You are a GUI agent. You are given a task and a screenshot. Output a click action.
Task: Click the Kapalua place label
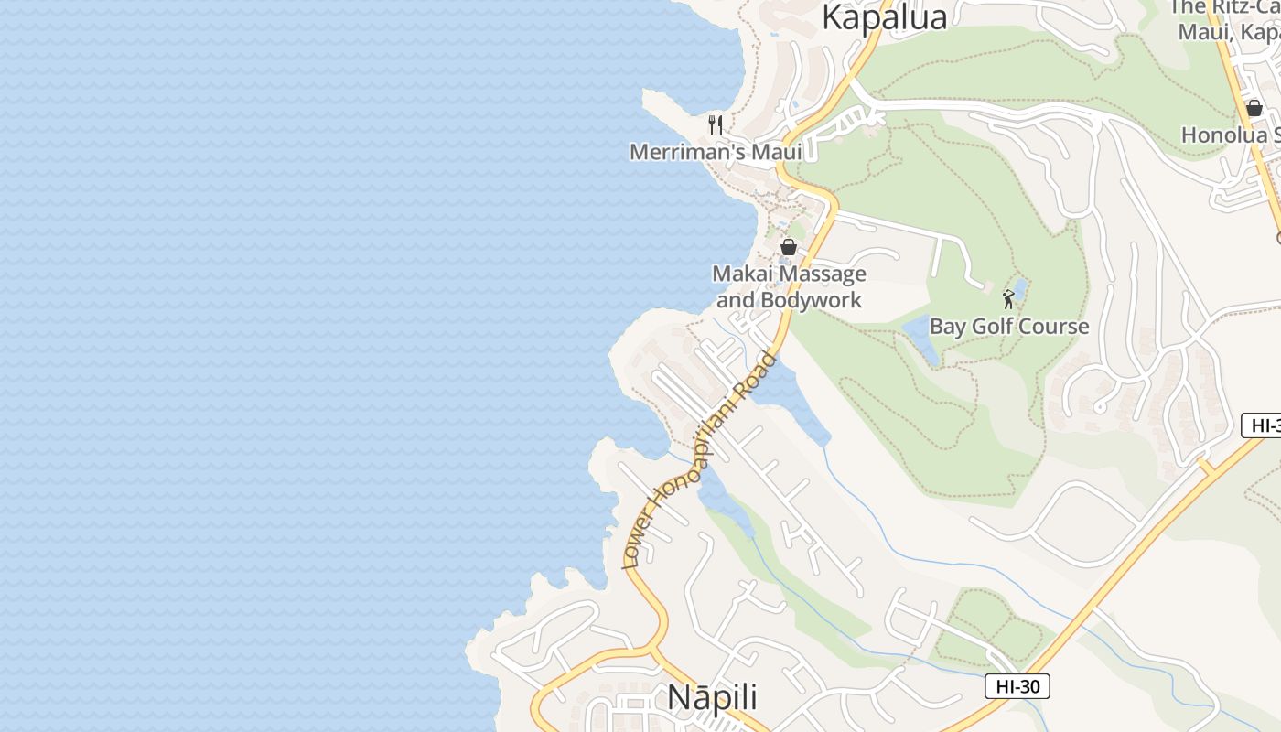point(884,16)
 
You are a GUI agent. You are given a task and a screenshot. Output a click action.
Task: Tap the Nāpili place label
point(712,696)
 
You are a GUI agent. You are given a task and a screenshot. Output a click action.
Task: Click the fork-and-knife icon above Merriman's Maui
point(716,124)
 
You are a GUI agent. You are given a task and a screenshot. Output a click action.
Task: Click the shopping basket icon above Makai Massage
point(788,247)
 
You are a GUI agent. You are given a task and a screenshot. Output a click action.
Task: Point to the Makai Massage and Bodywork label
point(789,286)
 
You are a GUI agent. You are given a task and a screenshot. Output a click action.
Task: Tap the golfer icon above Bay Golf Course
point(1008,299)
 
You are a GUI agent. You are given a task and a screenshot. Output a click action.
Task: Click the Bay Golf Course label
point(1009,327)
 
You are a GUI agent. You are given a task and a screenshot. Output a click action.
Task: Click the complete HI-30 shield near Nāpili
point(1017,686)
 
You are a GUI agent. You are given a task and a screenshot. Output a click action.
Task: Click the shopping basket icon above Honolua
point(1254,108)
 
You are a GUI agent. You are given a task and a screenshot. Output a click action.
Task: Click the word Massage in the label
point(814,274)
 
